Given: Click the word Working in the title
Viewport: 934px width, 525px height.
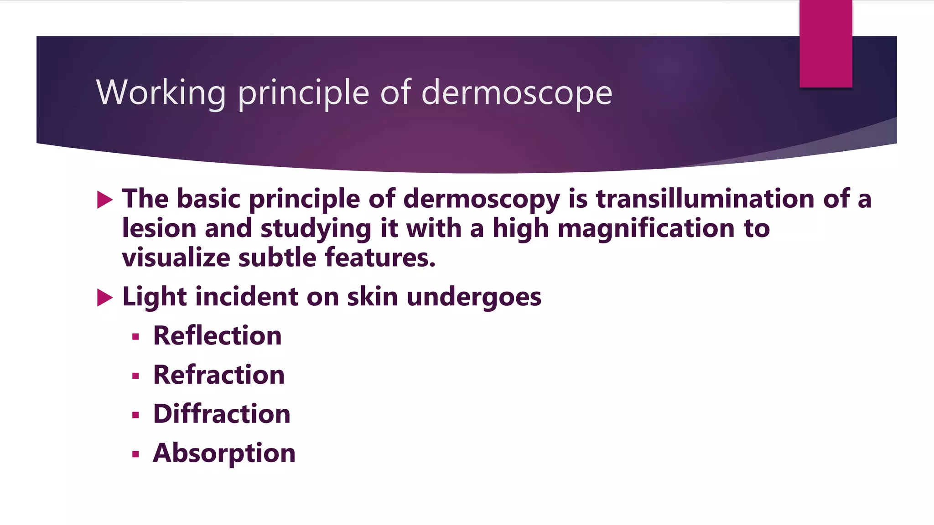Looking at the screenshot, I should coord(161,93).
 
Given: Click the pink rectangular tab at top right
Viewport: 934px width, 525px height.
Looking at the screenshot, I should coord(825,44).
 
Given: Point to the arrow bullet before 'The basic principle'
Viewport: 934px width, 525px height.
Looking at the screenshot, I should coord(105,200).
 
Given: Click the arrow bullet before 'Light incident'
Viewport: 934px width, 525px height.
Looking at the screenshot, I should coord(105,298).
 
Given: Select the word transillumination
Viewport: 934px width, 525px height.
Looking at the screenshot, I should coord(705,199).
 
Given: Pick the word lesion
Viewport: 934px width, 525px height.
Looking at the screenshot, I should coord(159,228).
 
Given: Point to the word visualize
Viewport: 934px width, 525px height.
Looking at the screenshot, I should coord(176,257).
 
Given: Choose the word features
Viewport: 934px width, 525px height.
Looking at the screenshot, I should coord(380,257).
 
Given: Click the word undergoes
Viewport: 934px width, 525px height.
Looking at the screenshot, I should coord(474,298).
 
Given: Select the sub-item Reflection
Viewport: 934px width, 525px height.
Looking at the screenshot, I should coord(217,336).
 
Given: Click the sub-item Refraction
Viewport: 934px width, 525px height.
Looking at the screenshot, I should coord(219,375).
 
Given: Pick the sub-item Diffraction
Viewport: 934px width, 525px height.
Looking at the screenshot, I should coord(222,414).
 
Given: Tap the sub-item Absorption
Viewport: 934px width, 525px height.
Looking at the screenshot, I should coord(224,453).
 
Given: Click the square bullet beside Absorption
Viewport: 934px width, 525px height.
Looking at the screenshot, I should coord(135,454).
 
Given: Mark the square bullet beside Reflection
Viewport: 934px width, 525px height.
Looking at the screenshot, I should coord(135,337).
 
